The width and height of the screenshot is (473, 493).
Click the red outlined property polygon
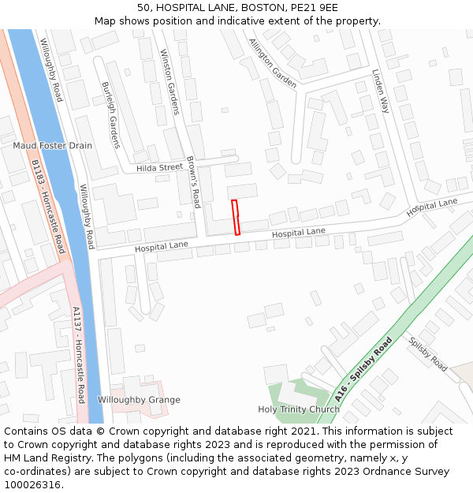point(235,218)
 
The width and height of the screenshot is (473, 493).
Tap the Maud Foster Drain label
point(52,146)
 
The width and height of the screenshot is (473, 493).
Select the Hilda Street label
point(159,168)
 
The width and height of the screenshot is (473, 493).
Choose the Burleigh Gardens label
point(110,114)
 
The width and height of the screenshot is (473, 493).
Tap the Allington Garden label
point(273,62)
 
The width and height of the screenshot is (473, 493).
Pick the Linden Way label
point(381,91)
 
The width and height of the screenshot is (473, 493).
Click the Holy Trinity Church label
point(299,409)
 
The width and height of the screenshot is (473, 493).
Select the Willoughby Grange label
point(139,400)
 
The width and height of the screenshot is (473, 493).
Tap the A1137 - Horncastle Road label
point(77,354)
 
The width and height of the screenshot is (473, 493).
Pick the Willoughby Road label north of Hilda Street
point(51,70)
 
